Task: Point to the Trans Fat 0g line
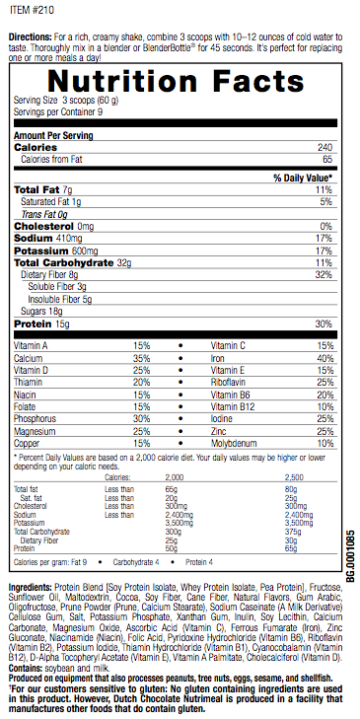44,214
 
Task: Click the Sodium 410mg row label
48,238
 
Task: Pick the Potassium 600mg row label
55,250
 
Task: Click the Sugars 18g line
42,310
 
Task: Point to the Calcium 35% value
141,358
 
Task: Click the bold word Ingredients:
31,587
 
